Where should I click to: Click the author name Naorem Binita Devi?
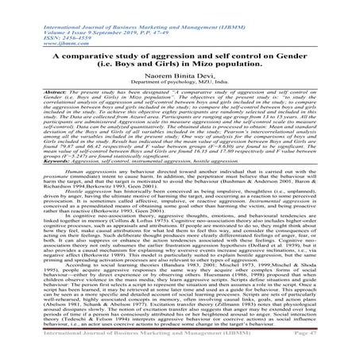pos(180,71)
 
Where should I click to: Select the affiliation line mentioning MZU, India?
pos(180,79)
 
